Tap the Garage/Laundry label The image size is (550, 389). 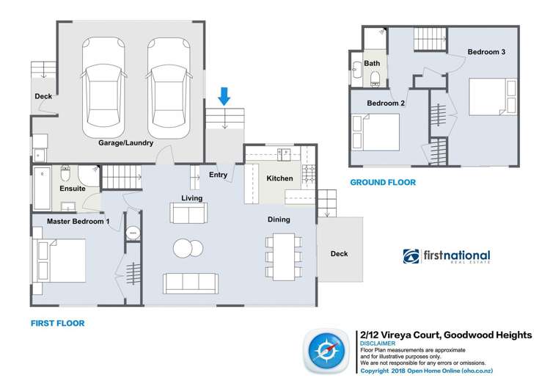coord(125,144)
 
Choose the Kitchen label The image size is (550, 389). coord(279,178)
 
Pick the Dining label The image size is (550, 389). coord(279,219)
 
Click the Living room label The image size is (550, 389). coord(192,197)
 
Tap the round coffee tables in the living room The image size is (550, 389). coord(188,249)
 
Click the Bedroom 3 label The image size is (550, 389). coord(486,52)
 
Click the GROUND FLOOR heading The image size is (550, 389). coord(383,183)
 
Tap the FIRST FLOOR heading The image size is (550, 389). coord(58,323)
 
